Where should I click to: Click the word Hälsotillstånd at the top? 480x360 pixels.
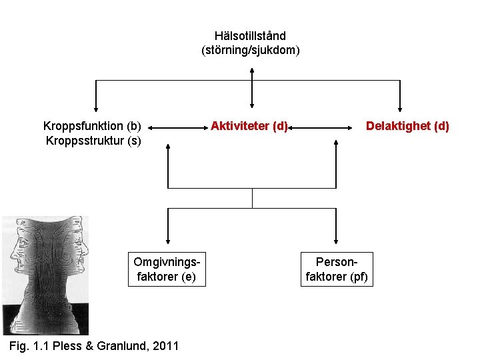(x=250, y=36)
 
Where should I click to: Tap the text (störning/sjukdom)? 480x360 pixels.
(x=251, y=50)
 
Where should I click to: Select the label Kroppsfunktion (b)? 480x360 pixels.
(x=92, y=126)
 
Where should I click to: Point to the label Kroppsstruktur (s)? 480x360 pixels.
(x=93, y=141)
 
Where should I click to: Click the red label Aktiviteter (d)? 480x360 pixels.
(x=249, y=126)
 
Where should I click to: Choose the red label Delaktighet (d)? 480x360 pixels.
(x=407, y=126)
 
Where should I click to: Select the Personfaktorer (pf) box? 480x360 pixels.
(x=336, y=269)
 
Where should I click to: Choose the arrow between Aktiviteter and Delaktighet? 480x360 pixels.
(x=323, y=126)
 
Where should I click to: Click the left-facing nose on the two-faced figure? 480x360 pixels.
(x=12, y=255)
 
